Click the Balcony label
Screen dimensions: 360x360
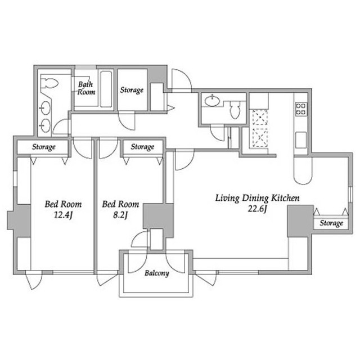(157, 273)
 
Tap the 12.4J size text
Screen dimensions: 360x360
(63, 215)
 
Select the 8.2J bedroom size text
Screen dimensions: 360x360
(120, 215)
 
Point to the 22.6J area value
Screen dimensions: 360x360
(257, 209)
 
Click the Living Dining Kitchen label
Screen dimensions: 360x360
(257, 198)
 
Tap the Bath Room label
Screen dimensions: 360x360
(86, 88)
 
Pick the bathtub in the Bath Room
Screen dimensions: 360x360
(106, 89)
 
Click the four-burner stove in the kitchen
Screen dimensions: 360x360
(301, 109)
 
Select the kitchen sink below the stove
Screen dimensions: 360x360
(301, 140)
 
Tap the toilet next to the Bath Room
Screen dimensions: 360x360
(49, 83)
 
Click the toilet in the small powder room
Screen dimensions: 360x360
(235, 110)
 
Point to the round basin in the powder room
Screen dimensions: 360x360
(212, 101)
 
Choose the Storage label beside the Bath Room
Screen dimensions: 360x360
(132, 90)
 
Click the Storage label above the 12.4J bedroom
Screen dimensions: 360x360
(44, 147)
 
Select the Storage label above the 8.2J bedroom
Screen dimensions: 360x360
(142, 147)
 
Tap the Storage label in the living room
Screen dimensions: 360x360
(331, 223)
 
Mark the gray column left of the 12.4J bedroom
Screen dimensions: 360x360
(19, 220)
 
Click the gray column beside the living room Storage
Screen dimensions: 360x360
(300, 221)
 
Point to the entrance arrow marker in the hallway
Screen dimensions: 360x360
(171, 108)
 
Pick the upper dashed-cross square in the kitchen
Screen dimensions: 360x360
(260, 118)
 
